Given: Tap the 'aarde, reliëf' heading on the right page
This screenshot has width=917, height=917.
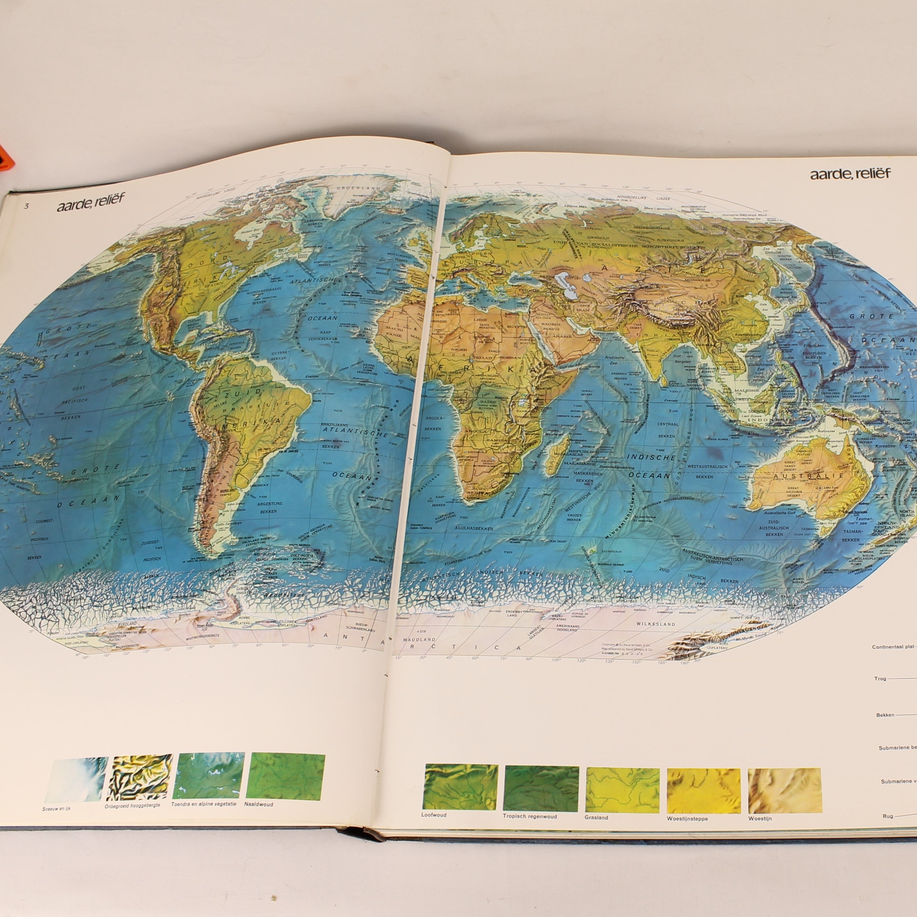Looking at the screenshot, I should pyautogui.click(x=850, y=174).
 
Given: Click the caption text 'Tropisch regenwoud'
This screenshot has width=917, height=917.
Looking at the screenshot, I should pyautogui.click(x=529, y=816).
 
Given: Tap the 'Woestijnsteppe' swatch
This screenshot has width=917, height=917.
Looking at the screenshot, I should pyautogui.click(x=703, y=790).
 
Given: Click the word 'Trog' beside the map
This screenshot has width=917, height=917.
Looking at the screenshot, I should pyautogui.click(x=880, y=679).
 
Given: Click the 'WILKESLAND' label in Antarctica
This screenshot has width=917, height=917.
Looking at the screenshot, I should pyautogui.click(x=656, y=624).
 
